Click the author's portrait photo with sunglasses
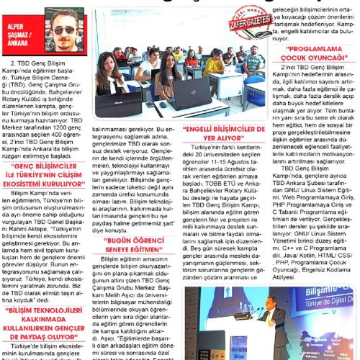pyautogui.click(x=67, y=30)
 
